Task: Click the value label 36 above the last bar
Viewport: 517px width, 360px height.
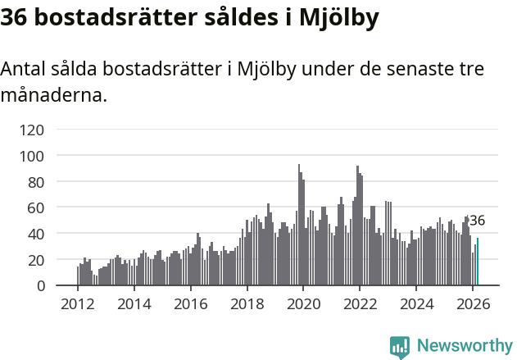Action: (x=477, y=221)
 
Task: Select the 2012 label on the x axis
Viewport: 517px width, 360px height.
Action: (x=78, y=303)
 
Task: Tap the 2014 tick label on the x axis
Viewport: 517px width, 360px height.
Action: (x=134, y=303)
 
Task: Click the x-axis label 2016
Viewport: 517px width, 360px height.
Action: (x=190, y=303)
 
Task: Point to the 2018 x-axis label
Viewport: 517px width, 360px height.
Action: (x=247, y=303)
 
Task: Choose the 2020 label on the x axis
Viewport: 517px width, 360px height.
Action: (x=303, y=303)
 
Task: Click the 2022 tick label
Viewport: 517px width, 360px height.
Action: (x=360, y=303)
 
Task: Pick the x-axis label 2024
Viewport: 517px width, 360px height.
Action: (x=416, y=303)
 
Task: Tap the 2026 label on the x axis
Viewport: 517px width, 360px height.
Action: (x=473, y=303)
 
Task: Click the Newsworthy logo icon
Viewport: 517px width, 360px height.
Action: (x=400, y=347)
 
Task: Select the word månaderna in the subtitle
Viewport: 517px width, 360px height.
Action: (x=53, y=95)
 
